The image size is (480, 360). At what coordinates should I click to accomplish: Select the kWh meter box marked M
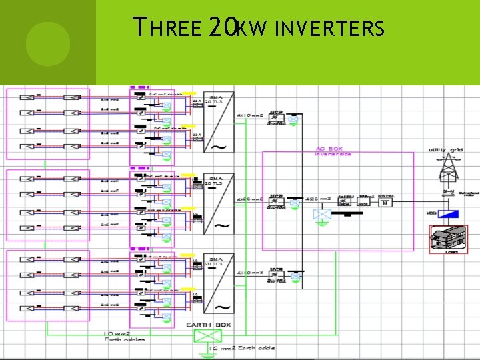tap(385, 202)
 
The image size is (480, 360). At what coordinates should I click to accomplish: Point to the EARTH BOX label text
tap(208, 325)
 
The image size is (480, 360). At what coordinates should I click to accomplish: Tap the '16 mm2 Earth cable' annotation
tap(241, 348)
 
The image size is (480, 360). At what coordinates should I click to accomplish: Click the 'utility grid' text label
tap(445, 150)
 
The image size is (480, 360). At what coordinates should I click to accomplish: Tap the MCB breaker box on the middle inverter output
tap(275, 202)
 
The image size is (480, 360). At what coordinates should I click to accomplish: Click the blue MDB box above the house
tap(450, 214)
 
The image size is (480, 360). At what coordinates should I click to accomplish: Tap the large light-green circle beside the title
tap(48, 42)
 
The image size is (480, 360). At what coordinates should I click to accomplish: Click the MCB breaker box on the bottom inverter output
tap(275, 276)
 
